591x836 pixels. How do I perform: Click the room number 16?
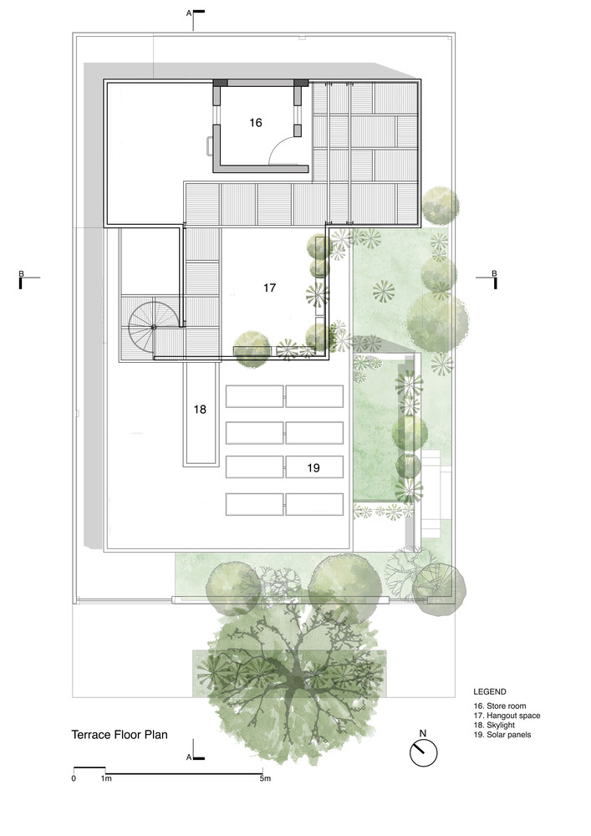pos(256,123)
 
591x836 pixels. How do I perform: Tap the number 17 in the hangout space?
pos(270,288)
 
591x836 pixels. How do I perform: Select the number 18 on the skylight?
pos(200,410)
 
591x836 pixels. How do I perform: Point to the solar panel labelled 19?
pos(313,467)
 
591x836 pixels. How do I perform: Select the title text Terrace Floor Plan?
pos(120,735)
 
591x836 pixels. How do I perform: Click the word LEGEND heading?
pos(490,692)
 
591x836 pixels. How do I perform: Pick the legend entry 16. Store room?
pos(500,706)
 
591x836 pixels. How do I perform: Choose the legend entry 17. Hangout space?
pos(507,716)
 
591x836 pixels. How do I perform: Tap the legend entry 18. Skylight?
pos(494,725)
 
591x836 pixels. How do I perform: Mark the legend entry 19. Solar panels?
pos(502,735)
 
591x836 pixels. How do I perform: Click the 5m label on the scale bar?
pos(265,778)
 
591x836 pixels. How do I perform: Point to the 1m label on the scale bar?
pos(106,778)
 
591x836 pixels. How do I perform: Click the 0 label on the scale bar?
pos(74,778)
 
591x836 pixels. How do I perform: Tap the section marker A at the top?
pos(189,13)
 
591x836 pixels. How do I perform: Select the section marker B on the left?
pos(22,274)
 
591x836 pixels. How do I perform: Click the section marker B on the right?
pos(494,273)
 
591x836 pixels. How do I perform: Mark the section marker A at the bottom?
pos(189,757)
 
